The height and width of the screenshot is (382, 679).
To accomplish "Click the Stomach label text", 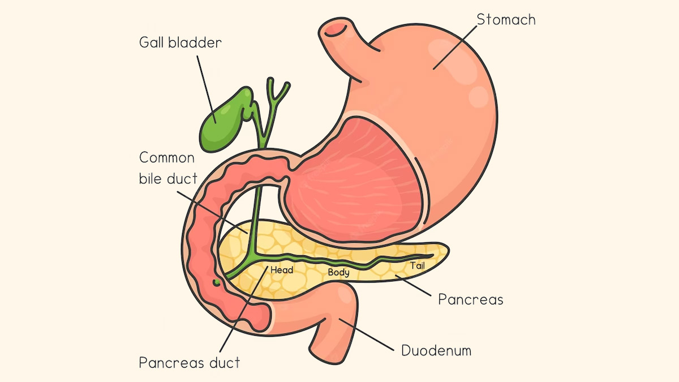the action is [x=506, y=20].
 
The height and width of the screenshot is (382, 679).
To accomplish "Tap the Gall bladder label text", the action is [x=181, y=42].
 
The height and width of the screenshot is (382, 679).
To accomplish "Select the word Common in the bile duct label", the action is [x=167, y=158].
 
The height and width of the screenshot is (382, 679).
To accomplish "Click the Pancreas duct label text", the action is [x=190, y=362].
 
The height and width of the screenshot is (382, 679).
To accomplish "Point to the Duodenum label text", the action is [x=436, y=350].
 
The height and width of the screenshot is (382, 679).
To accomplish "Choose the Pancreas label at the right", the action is [x=470, y=299].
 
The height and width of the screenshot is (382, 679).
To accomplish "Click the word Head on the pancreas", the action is [x=282, y=270].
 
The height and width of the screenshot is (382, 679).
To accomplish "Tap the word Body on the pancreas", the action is [x=338, y=272].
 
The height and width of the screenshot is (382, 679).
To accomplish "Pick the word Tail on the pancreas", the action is [x=418, y=266].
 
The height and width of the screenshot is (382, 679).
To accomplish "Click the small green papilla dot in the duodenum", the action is [x=216, y=282].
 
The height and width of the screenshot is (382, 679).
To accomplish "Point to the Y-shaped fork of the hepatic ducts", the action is [x=274, y=96].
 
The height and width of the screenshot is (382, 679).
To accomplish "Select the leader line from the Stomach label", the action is [x=455, y=48].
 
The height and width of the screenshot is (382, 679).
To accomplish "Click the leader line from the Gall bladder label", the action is [x=207, y=89].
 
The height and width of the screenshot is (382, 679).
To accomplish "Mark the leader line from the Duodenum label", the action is [x=366, y=334].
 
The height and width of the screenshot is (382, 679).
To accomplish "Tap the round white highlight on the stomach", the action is [x=478, y=97].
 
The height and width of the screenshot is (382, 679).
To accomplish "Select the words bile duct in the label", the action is [x=168, y=178].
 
